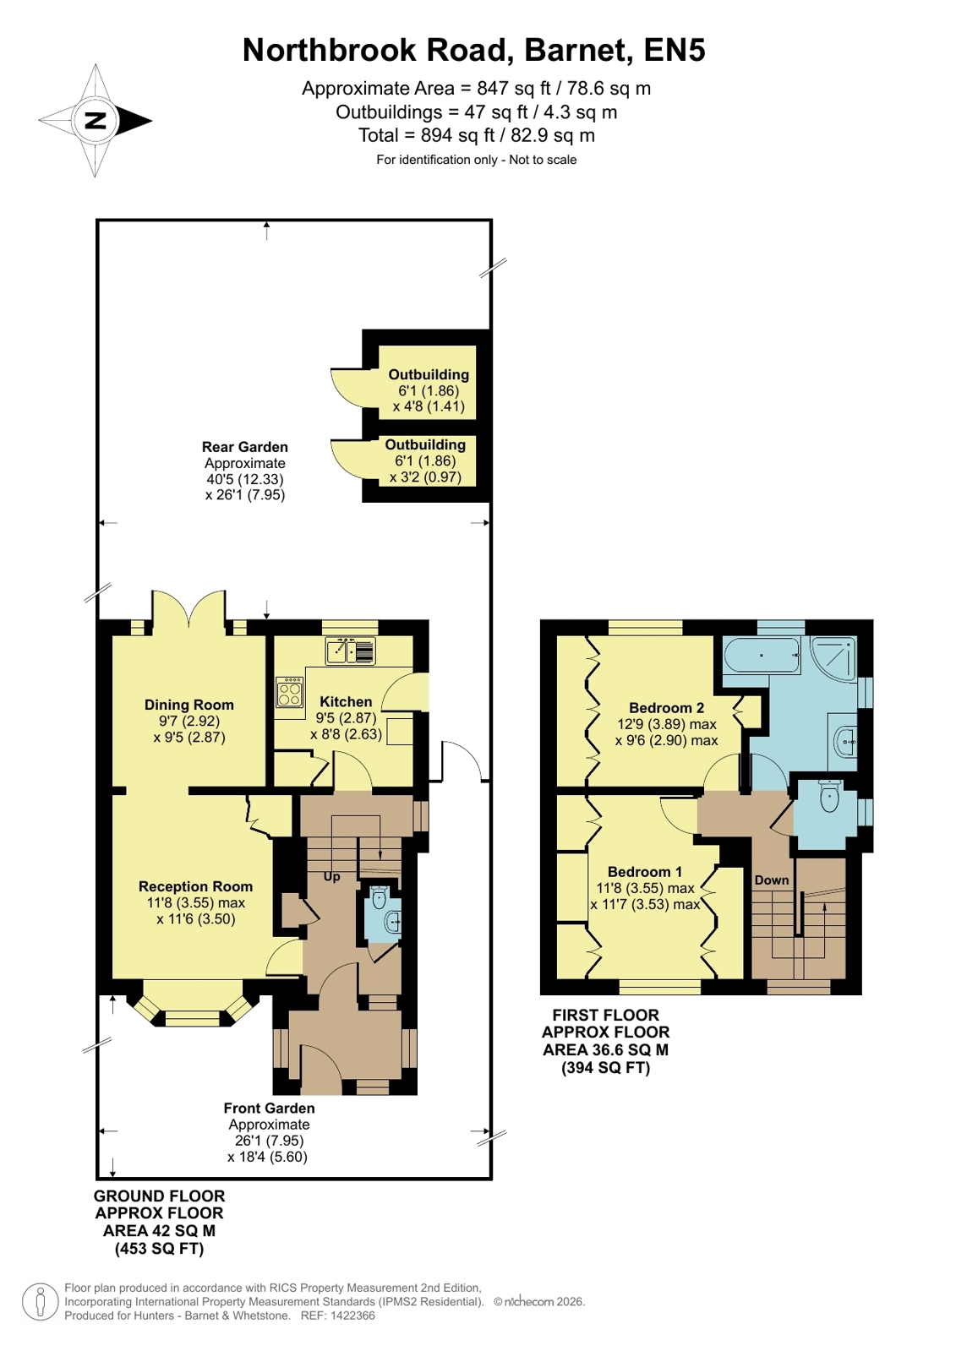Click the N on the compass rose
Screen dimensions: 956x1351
[95, 120]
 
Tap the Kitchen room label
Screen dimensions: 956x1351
[346, 701]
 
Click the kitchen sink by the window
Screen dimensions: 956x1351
[351, 651]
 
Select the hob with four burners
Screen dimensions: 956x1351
[290, 692]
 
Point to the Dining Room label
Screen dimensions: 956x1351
[188, 705]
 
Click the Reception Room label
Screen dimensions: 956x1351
[195, 886]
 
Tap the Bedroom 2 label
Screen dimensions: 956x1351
[666, 707]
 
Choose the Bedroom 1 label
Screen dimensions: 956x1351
[645, 871]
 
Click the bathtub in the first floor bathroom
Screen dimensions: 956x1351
[762, 655]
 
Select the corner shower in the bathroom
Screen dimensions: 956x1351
[833, 658]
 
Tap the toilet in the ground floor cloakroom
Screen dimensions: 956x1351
[379, 896]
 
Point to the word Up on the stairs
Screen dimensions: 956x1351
[332, 876]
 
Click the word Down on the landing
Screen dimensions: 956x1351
[772, 880]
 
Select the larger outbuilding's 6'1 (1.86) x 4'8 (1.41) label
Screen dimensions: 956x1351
[429, 398]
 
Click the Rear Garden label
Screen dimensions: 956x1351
[245, 447]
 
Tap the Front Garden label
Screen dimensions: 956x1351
[269, 1108]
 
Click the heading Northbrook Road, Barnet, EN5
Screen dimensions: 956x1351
[474, 50]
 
